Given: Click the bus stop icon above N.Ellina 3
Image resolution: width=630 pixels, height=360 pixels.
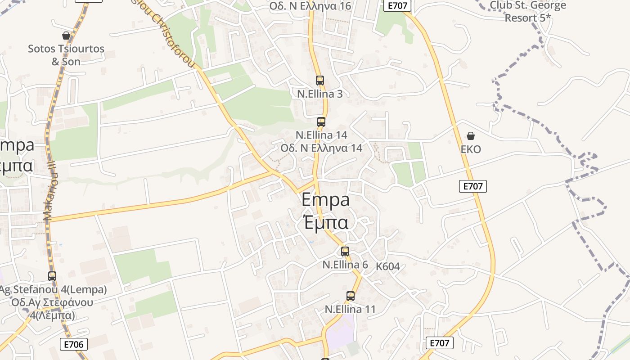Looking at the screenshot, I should click(320, 81).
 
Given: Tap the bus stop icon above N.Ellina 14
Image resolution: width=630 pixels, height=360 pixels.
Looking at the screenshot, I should click(321, 121).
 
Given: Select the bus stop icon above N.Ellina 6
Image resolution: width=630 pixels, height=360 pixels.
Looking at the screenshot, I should click(345, 252).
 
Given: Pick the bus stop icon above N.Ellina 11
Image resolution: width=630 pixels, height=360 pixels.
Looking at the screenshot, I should click(351, 296).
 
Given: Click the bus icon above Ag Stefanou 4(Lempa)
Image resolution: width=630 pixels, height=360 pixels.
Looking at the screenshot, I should click(52, 276).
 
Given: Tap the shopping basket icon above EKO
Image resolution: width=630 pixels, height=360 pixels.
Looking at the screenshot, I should click(471, 136).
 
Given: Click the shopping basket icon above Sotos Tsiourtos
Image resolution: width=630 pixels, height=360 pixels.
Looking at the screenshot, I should click(66, 36).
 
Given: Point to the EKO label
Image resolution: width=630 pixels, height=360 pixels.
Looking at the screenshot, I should click(471, 149).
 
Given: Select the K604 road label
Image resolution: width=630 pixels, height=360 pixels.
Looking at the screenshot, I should click(388, 266).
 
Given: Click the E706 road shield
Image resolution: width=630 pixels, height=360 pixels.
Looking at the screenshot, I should click(74, 345).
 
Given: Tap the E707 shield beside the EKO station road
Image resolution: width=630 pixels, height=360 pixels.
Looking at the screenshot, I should click(473, 186).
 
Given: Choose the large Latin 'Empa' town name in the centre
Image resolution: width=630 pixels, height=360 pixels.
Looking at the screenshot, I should click(325, 199).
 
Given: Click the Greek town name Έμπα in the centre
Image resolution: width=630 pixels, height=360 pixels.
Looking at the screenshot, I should click(325, 222).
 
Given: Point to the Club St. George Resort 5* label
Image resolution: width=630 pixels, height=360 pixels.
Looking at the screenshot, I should click(527, 11).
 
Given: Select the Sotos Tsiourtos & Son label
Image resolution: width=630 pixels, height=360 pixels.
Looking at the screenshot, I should click(66, 55).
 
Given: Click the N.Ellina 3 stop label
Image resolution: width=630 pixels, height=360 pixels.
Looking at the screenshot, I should click(320, 94).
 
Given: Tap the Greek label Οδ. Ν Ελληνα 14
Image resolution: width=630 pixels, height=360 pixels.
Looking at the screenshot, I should click(321, 148).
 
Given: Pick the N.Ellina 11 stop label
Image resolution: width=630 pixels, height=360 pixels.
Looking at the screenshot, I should click(350, 310).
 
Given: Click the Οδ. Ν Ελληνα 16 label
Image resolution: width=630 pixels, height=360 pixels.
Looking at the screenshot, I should click(310, 6).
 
